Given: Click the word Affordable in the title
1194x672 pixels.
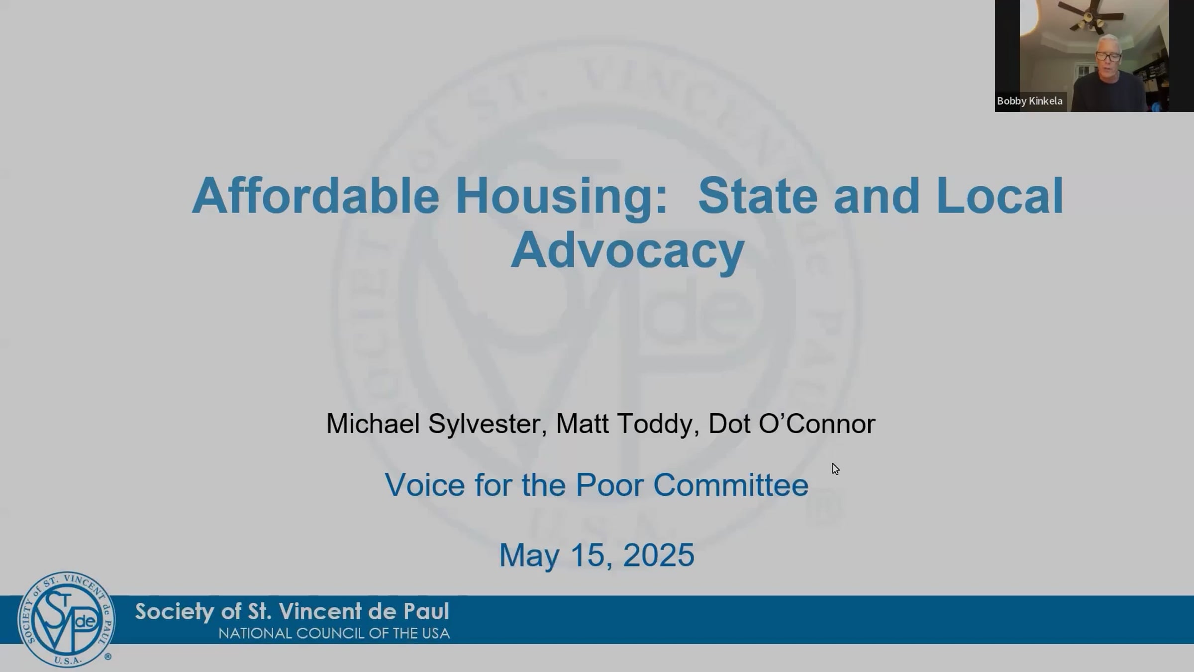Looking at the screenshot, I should click(x=315, y=196).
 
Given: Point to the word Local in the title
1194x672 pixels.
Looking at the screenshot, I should click(x=999, y=196).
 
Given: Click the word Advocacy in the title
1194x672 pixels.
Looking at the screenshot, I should click(x=627, y=250).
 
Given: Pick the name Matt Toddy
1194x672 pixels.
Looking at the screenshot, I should click(x=624, y=424).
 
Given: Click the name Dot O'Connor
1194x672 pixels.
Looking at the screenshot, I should click(x=791, y=424).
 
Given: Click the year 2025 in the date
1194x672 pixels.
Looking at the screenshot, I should click(x=658, y=555).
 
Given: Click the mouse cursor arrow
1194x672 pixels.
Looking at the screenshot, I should click(x=835, y=468).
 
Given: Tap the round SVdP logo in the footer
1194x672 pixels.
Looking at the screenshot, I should click(x=66, y=619).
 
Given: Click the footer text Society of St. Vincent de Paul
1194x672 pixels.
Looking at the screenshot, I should click(x=292, y=611).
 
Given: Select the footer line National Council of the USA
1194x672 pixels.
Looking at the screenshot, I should click(x=334, y=634).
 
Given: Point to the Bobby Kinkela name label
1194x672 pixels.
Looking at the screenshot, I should click(x=1029, y=101).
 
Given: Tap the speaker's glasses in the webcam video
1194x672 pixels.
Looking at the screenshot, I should click(x=1108, y=56).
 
